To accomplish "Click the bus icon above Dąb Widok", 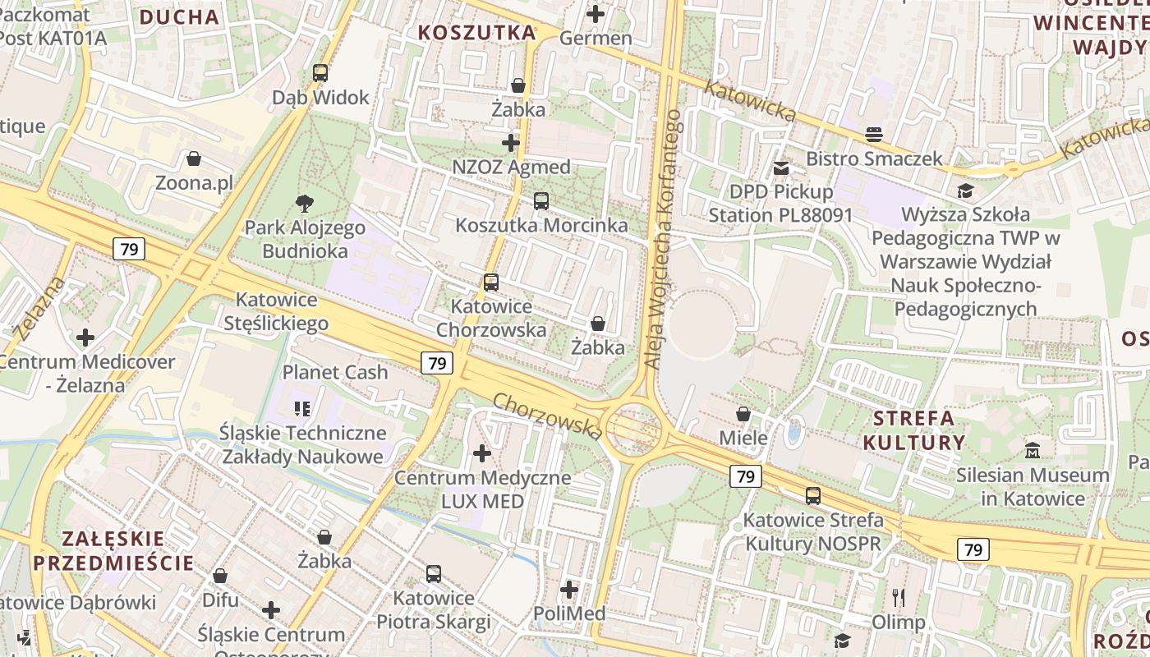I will (320, 73).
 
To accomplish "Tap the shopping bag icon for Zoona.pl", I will (194, 159).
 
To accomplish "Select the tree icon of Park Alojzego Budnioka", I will (305, 203).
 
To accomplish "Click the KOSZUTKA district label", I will (477, 33).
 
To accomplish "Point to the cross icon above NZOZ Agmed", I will (511, 143).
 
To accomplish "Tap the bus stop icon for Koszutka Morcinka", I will (540, 200).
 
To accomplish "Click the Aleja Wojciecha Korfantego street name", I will (664, 239).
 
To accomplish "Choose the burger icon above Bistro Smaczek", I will (874, 134).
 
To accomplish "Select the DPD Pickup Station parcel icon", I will (780, 168).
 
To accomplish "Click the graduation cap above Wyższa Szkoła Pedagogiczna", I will (964, 191).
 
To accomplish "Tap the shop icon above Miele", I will (743, 414).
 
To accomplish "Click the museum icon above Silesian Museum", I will (1033, 451).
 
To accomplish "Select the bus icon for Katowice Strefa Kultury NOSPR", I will (812, 496).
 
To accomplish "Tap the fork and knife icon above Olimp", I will (899, 597).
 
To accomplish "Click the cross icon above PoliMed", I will (569, 590).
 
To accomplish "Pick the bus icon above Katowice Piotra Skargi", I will (433, 573).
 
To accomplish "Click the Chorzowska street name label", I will (548, 415).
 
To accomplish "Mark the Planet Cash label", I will (335, 372).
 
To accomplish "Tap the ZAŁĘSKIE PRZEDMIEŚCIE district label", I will (114, 550).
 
